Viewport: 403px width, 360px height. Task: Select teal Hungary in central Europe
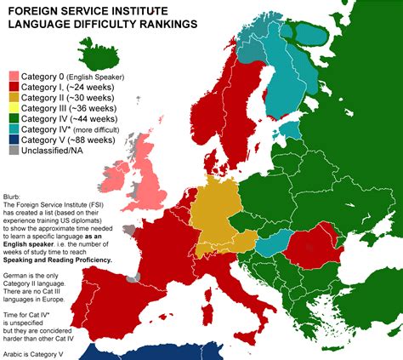click(270, 247)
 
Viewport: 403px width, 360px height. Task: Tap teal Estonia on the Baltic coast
click(290, 130)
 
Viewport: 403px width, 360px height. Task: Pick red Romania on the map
click(309, 251)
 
